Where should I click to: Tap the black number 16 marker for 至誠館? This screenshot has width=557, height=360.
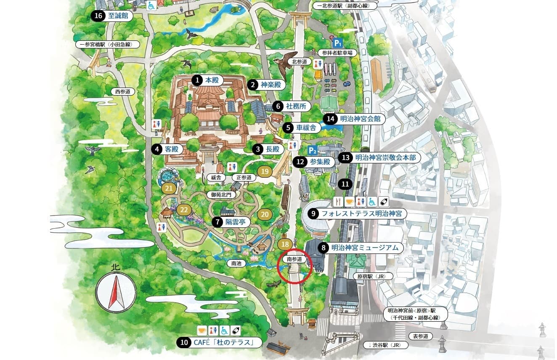click(98, 16)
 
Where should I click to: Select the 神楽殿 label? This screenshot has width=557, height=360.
click(271, 85)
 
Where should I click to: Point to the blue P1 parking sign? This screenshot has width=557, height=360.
click(337, 43)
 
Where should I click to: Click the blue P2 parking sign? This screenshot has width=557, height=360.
click(312, 150)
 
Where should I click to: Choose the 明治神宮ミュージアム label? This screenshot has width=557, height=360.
click(364, 248)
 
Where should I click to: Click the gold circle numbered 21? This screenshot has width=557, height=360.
click(169, 188)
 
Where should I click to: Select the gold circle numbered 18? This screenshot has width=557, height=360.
click(285, 244)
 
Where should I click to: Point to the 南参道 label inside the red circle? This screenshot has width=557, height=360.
click(294, 259)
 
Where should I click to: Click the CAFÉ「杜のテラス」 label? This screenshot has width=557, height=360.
click(223, 343)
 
